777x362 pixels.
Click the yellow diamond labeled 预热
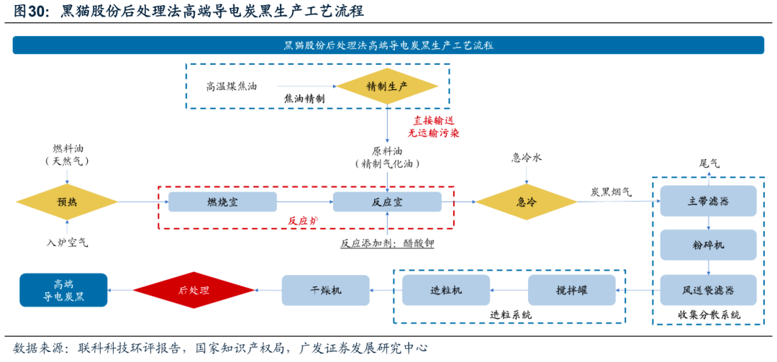[x=66, y=202]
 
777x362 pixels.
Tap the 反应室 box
[x=387, y=202]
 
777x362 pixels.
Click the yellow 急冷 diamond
[x=527, y=202]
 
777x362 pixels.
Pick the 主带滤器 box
[x=709, y=201]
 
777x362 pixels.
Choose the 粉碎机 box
[x=709, y=245]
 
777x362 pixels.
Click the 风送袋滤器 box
[x=709, y=290]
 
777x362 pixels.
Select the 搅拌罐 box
[x=572, y=290]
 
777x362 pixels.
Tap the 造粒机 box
[x=446, y=290]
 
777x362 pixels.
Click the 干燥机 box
[x=325, y=290]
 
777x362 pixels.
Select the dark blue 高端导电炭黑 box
[x=63, y=290]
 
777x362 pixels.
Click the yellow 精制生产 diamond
[x=387, y=86]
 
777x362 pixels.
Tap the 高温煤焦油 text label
[x=232, y=86]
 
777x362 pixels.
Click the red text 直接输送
[x=434, y=121]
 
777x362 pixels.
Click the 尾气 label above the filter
[x=709, y=163]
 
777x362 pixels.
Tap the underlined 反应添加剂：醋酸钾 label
[x=387, y=243]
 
